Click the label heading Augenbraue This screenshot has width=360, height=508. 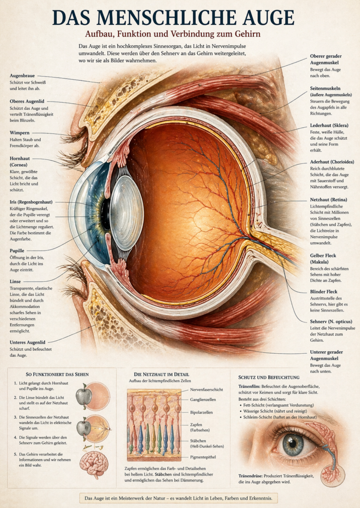[22, 75]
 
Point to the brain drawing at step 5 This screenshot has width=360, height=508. [94, 464]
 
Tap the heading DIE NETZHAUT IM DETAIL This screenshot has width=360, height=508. [161, 374]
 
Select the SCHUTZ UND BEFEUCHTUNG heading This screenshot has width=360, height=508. [269, 377]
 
